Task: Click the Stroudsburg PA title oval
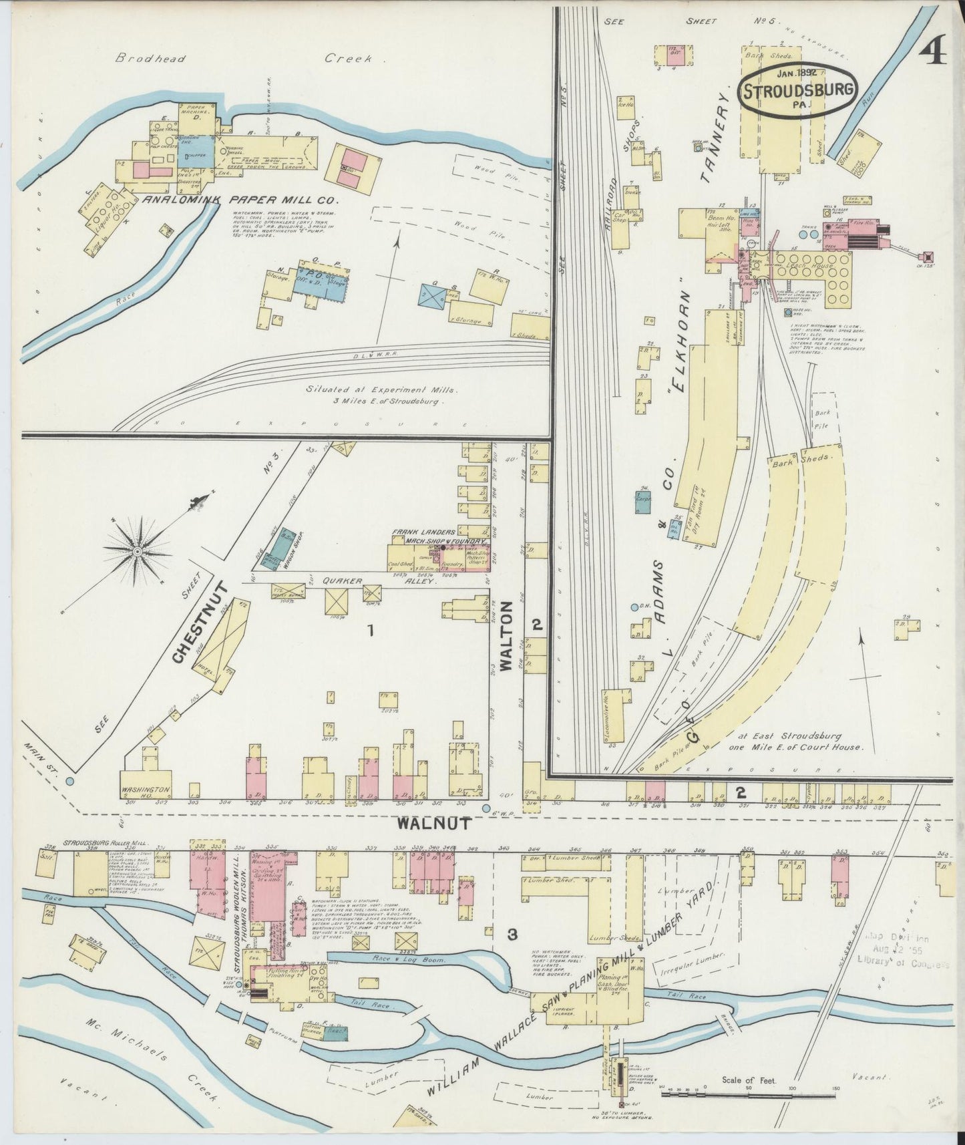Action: point(798,91)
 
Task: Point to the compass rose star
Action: point(137,551)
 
